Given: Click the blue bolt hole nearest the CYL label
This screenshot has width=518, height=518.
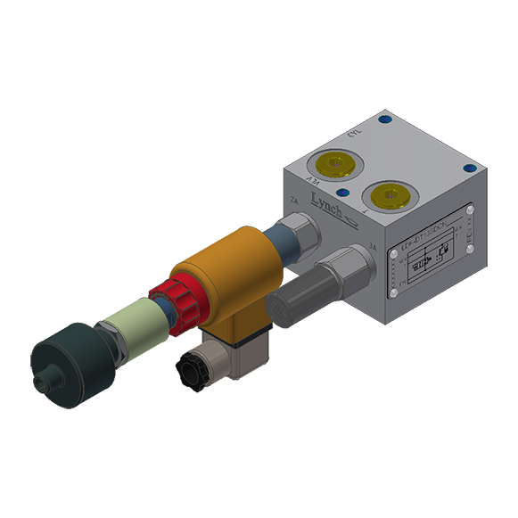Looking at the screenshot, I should click(x=384, y=119).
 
